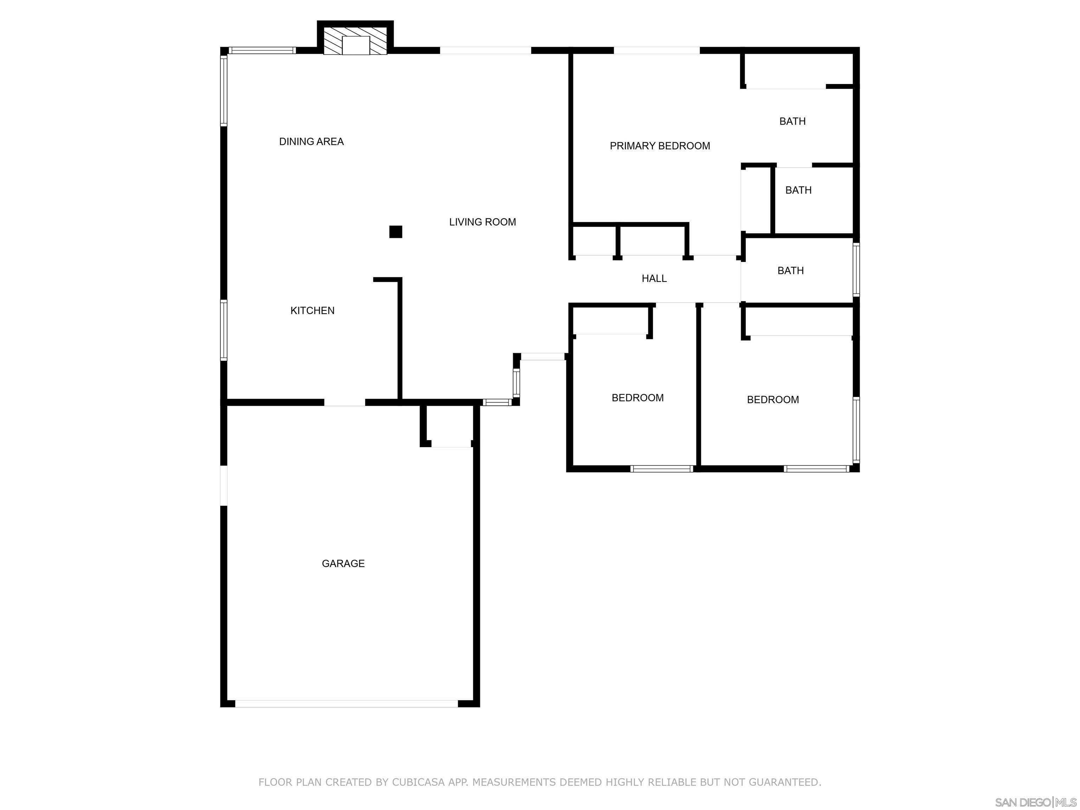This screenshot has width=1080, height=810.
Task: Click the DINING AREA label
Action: [311, 142]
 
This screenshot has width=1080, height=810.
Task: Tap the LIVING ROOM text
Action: [482, 222]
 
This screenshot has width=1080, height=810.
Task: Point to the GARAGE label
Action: [343, 564]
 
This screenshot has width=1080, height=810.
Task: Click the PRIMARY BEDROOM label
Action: [660, 146]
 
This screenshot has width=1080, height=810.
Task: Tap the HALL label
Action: [654, 278]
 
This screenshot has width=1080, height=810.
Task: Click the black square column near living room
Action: [396, 232]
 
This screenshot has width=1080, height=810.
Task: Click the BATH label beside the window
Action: [790, 270]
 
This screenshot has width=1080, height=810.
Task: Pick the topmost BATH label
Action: [792, 121]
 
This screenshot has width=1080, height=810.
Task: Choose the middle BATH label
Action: [798, 190]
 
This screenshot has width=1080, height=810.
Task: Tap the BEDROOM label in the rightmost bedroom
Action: [773, 399]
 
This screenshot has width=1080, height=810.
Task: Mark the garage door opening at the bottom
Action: [346, 703]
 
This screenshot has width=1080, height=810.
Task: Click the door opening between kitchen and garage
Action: [344, 402]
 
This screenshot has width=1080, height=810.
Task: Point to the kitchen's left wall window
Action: [224, 330]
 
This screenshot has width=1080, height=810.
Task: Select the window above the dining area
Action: [262, 50]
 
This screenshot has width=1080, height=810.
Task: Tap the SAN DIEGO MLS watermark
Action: [1035, 802]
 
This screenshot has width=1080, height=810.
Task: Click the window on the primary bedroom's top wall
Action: [656, 50]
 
